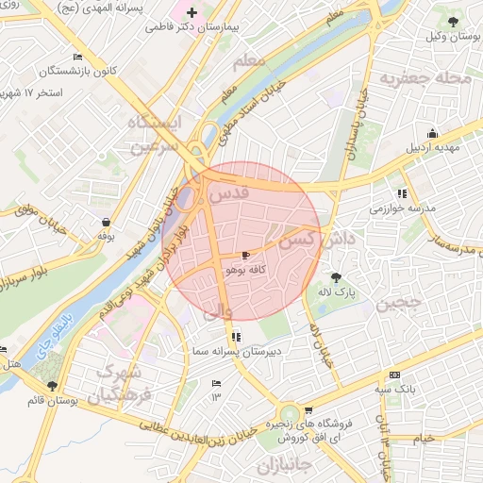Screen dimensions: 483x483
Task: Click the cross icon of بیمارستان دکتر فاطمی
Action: (x=193, y=13)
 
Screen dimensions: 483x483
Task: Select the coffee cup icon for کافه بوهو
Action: (x=246, y=256)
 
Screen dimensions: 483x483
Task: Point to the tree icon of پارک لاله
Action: (x=337, y=277)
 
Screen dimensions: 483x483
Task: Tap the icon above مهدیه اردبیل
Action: (x=432, y=133)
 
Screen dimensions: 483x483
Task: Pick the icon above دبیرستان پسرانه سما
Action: (x=234, y=337)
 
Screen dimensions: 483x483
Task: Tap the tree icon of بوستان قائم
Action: (x=52, y=387)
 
